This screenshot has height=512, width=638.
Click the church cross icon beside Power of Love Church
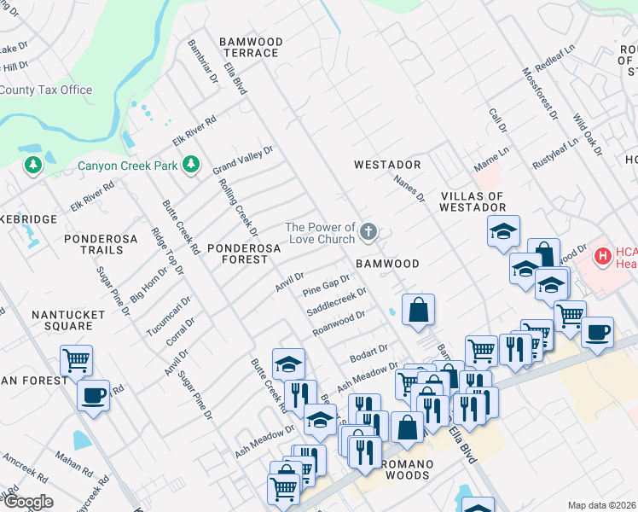368,231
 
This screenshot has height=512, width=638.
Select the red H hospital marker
603,254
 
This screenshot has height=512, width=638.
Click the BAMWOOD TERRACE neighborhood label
249,47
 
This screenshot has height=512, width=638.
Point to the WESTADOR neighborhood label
388,164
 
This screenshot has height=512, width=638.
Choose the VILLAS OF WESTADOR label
484,201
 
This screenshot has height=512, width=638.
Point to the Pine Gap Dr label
327,286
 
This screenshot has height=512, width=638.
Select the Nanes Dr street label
409,189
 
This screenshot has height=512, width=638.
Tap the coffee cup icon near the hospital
597,331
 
